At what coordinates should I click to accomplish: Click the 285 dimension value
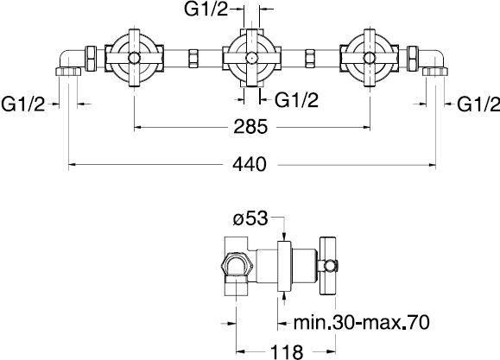[x=250, y=127]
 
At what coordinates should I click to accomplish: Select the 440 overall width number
[x=249, y=165]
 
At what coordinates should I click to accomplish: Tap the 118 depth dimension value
[x=287, y=352]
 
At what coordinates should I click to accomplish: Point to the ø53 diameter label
[x=250, y=218]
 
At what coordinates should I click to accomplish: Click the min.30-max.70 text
[x=361, y=322]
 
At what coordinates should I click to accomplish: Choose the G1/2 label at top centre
[x=206, y=9]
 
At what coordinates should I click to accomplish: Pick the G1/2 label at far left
[x=23, y=104]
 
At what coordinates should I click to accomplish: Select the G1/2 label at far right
[x=478, y=104]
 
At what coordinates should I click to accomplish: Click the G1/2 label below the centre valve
[x=296, y=100]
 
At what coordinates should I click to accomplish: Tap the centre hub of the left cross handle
[x=134, y=58]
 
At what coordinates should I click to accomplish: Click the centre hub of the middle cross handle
[x=251, y=58]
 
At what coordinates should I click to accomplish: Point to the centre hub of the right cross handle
[x=370, y=58]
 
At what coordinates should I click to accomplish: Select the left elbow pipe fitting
[x=69, y=62]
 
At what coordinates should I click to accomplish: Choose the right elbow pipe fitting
[x=434, y=62]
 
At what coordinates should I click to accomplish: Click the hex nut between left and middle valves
[x=193, y=58]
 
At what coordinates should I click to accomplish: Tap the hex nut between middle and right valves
[x=310, y=58]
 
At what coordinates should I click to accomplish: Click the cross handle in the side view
[x=328, y=266]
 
